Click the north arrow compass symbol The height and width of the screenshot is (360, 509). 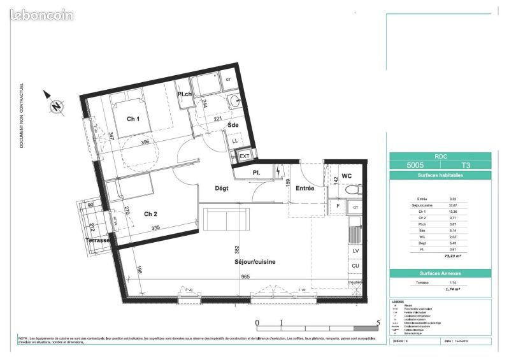[56, 106]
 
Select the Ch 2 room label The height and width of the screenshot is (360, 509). [151, 213]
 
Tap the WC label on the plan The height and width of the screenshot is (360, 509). [347, 175]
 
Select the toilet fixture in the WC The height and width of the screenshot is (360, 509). [349, 189]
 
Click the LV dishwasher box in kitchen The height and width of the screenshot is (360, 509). [355, 251]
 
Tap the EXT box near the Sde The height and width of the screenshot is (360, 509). [244, 155]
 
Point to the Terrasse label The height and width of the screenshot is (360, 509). [97, 240]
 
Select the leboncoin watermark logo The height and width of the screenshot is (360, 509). [38, 14]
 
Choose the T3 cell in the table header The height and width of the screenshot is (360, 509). [466, 164]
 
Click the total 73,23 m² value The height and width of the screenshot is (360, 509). [452, 256]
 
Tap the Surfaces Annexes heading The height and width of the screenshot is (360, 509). [440, 273]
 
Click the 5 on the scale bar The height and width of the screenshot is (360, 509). [379, 322]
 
